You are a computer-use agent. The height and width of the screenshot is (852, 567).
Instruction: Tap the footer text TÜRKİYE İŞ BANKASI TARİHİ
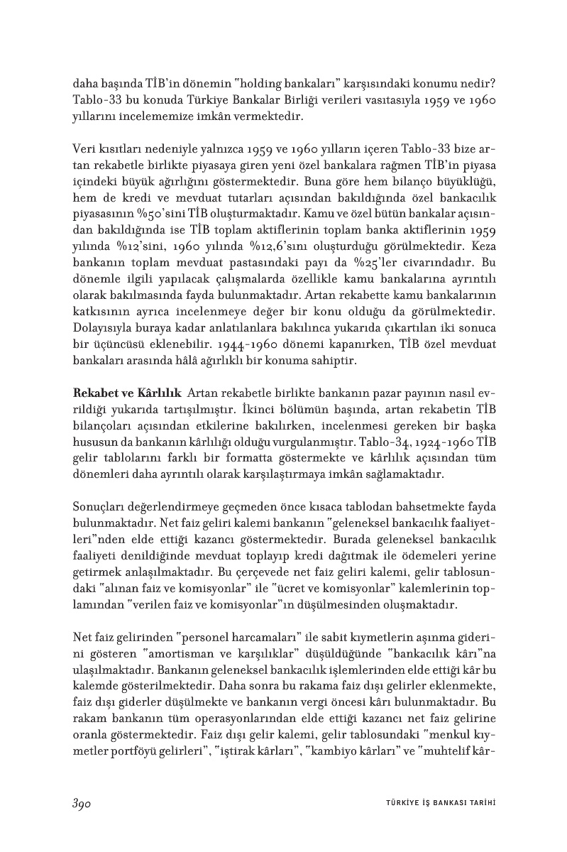[x=434, y=802]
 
